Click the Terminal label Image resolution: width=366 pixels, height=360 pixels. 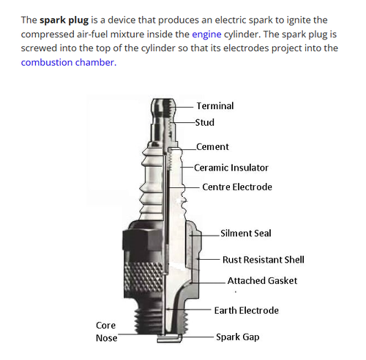coord(215,106)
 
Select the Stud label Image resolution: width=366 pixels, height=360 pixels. coord(205,122)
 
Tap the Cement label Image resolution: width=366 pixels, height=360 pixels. coord(212,147)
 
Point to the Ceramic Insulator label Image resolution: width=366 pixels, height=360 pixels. coord(231,168)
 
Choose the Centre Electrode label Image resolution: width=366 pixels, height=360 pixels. coord(237,187)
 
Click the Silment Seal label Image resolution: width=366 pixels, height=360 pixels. coord(246,233)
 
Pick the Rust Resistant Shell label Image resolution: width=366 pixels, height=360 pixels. coord(264,260)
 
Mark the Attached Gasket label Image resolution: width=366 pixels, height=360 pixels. coord(262,281)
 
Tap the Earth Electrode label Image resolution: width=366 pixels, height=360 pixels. coord(247,310)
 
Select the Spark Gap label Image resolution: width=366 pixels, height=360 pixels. coord(238,337)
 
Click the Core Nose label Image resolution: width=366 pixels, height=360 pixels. coord(106,331)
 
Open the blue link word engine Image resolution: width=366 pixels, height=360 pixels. coord(206,34)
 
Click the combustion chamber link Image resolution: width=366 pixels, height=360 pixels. coord(69,62)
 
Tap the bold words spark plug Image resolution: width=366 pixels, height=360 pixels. coord(64,20)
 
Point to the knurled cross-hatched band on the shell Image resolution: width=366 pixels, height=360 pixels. coord(143,277)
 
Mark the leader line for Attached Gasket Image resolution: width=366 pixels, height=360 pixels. coord(208,283)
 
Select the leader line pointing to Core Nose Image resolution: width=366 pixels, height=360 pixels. coord(140,334)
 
